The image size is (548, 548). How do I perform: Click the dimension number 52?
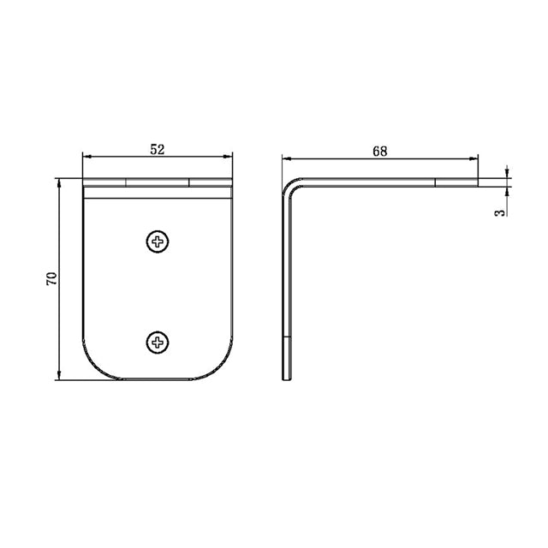tap(158, 148)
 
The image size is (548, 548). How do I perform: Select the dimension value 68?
tap(380, 151)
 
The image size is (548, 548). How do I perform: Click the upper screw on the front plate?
tap(158, 242)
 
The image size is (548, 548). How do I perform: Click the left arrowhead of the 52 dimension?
tap(86, 156)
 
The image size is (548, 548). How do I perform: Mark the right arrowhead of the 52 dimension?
tap(229, 156)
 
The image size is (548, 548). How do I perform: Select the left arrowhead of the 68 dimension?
tap(287, 158)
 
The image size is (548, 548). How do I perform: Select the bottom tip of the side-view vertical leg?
tap(288, 378)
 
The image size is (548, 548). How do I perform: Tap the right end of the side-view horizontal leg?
tap(477, 182)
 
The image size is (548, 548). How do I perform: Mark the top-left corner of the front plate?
tap(83, 180)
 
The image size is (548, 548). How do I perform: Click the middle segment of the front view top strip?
tap(158, 182)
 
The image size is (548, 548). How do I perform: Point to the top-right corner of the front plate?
tap(232, 180)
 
